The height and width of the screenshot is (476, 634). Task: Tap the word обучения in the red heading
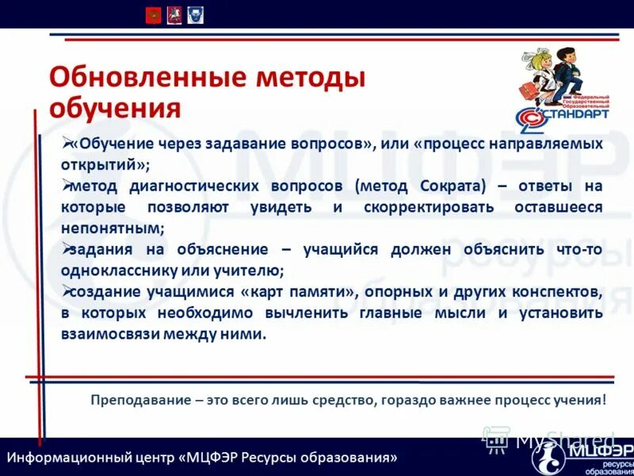pyautogui.click(x=115, y=109)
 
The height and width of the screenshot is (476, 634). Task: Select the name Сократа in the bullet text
pyautogui.click(x=447, y=186)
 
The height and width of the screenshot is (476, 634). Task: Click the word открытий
pyautogui.click(x=101, y=165)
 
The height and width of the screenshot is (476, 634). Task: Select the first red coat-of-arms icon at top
pyautogui.click(x=153, y=14)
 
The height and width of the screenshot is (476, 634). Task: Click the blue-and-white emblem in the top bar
pyautogui.click(x=195, y=14)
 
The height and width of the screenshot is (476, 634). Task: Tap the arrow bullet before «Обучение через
pyautogui.click(x=67, y=144)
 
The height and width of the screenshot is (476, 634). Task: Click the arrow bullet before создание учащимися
pyautogui.click(x=67, y=291)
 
